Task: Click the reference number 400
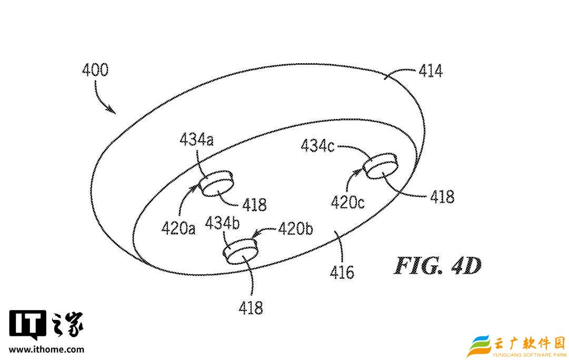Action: tap(95, 70)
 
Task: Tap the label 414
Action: tap(430, 71)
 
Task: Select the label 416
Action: tap(342, 272)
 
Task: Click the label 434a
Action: tap(196, 139)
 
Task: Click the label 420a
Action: tap(178, 227)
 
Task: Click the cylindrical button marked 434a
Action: tap(215, 183)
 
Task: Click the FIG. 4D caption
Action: tap(437, 266)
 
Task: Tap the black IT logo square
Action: tap(28, 325)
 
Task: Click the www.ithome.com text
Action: tap(46, 349)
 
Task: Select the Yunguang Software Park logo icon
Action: tap(479, 345)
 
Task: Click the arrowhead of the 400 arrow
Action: tap(112, 111)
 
